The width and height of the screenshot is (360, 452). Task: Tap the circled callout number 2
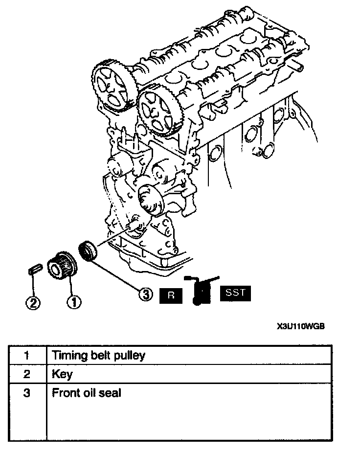coord(33,303)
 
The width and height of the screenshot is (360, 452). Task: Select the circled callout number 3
coord(146,294)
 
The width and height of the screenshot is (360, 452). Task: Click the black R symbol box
coord(171,295)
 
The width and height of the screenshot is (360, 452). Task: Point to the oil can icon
coord(200,291)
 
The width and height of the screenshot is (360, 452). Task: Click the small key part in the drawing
coord(34,270)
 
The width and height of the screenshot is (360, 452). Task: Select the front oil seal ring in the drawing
coord(89,251)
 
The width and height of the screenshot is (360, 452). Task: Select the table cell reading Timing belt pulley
coord(98,355)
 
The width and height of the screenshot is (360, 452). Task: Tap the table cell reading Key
coord(62,374)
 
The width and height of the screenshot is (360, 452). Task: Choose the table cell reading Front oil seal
coord(86,392)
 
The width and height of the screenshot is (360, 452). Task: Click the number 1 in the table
coord(27,356)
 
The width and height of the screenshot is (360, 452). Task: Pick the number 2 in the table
coord(27,374)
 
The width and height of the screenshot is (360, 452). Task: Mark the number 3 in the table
coord(27,392)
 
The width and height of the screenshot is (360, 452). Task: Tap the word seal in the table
coord(111,392)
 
